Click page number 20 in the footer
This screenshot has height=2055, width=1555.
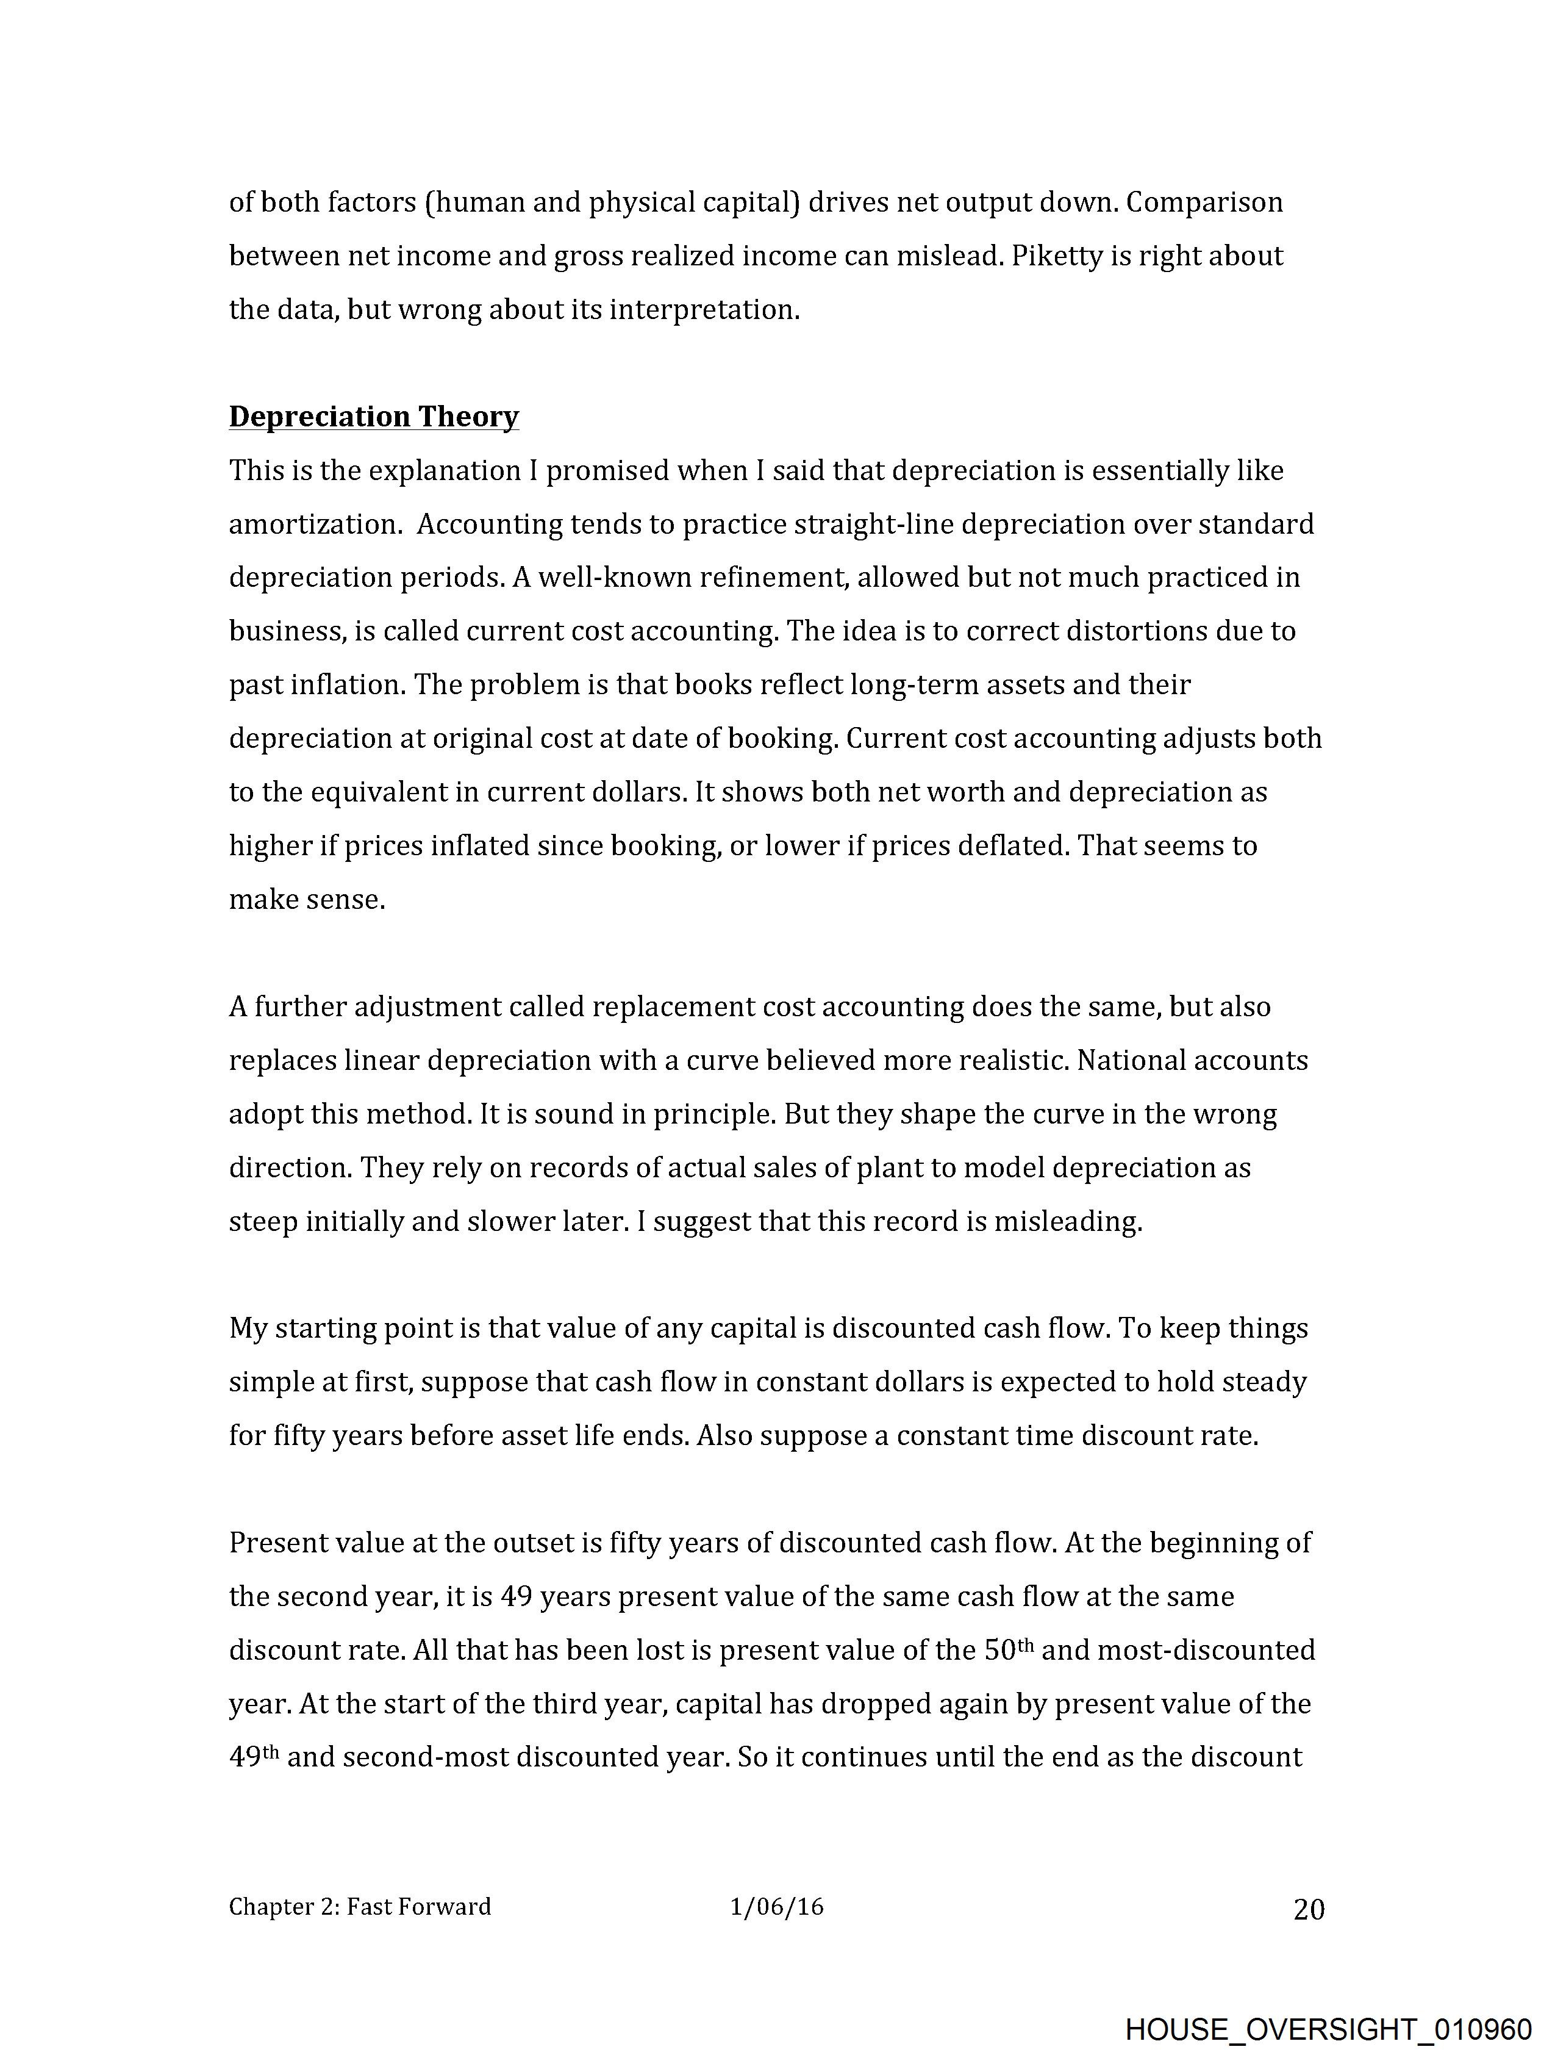1309,1910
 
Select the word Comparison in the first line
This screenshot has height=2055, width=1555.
1205,203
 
